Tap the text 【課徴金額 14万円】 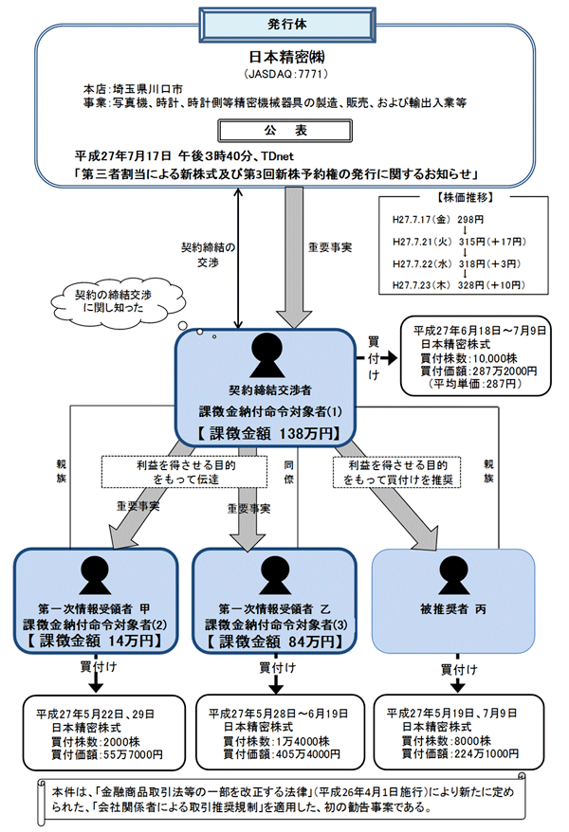point(96,640)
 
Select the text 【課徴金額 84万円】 point(269,642)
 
